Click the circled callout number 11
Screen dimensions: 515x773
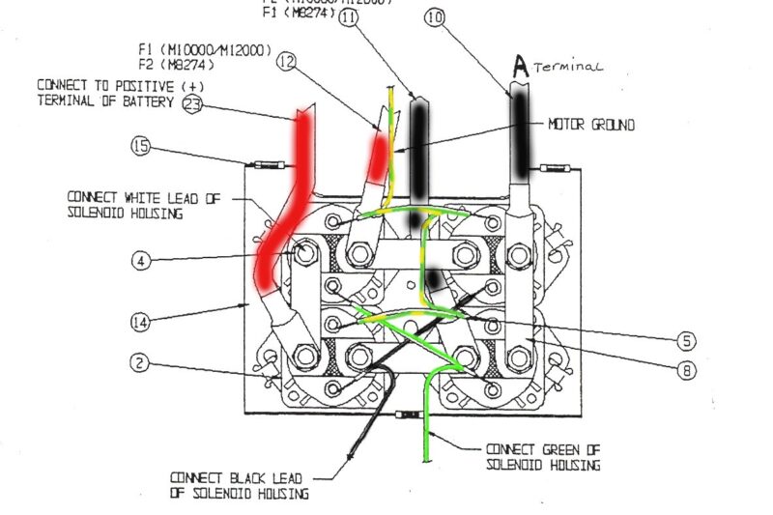pyautogui.click(x=348, y=16)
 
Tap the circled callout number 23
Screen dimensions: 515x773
pyautogui.click(x=191, y=106)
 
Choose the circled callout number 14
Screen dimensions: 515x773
pyautogui.click(x=142, y=321)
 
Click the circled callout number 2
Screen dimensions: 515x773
pyautogui.click(x=142, y=364)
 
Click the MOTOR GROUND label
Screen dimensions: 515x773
pyautogui.click(x=591, y=125)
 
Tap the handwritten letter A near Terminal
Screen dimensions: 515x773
pyautogui.click(x=520, y=67)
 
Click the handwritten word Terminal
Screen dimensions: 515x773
pyautogui.click(x=568, y=68)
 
